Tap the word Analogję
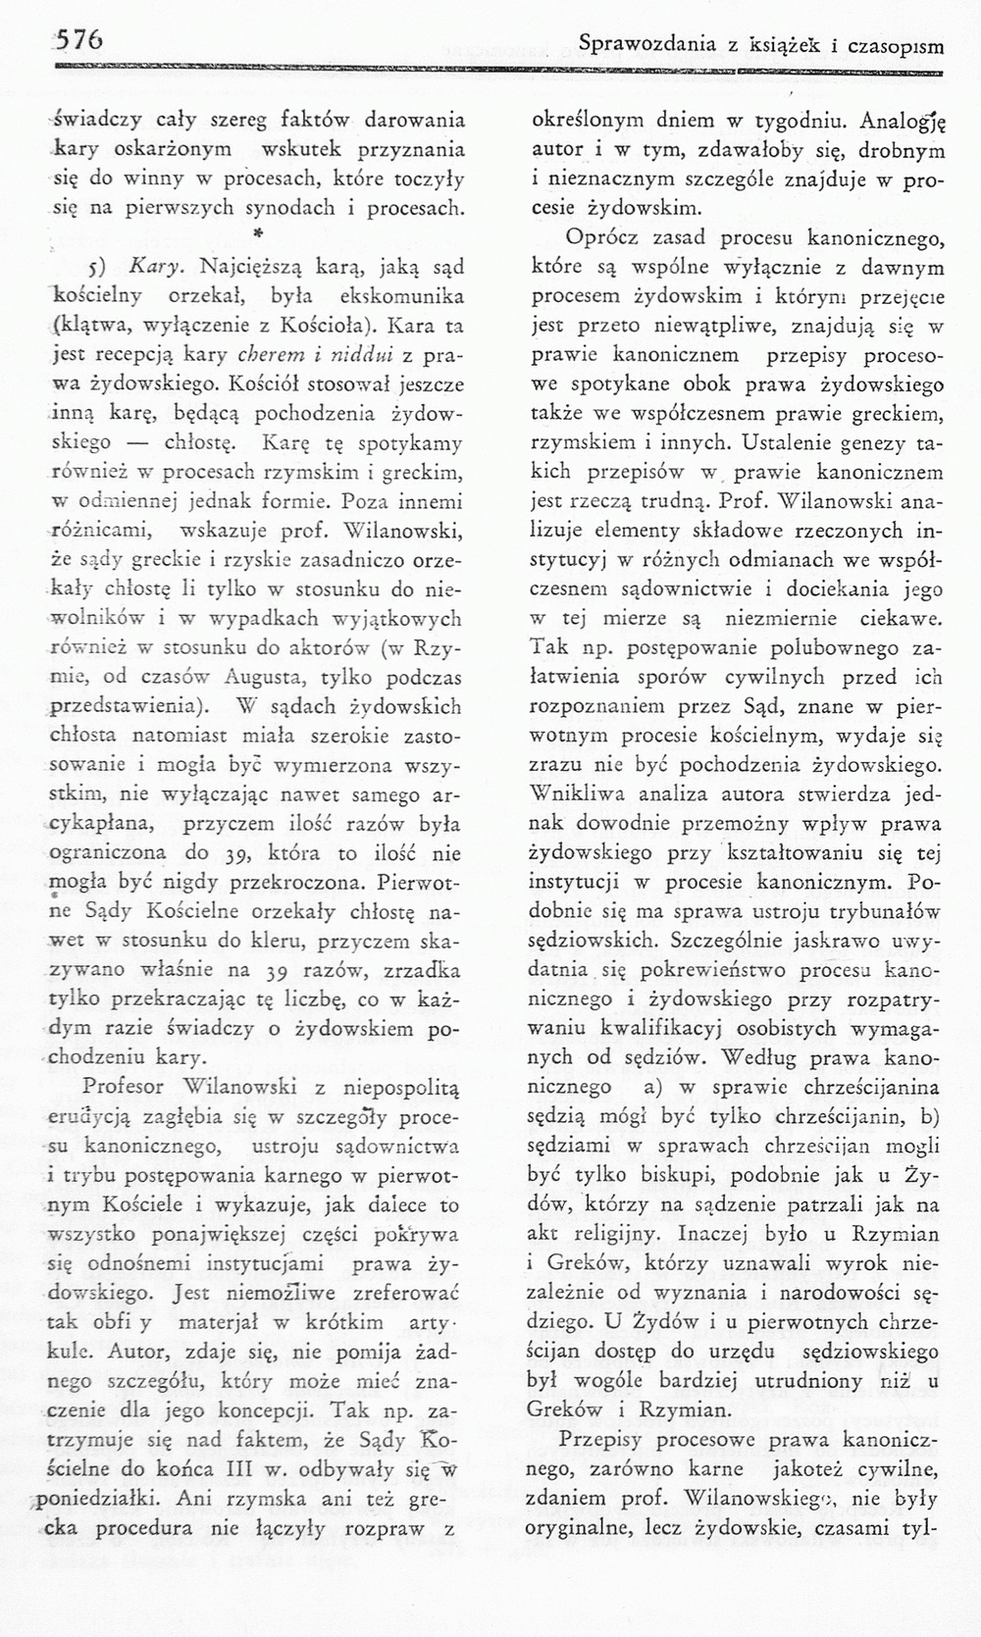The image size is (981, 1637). [x=908, y=124]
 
